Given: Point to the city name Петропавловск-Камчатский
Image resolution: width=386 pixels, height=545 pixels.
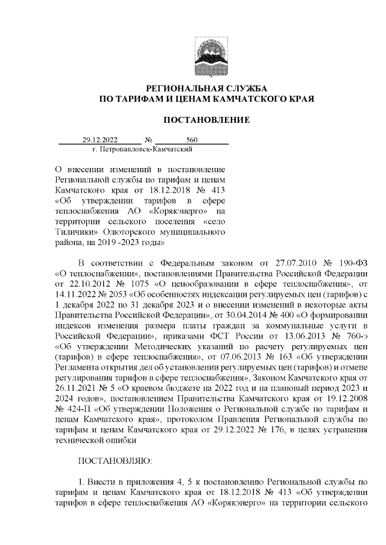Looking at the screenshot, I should click(x=143, y=148).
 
